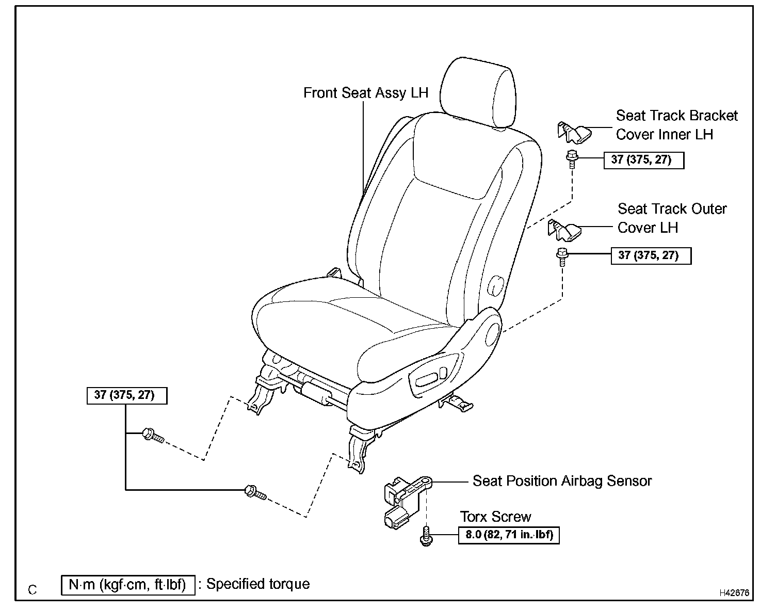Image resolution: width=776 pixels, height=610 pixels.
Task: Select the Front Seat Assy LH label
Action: (365, 93)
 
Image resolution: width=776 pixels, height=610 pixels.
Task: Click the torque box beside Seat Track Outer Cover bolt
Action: (651, 255)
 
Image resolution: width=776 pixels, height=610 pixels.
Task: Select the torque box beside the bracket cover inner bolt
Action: (643, 160)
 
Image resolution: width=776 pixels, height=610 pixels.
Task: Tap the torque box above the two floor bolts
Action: (127, 395)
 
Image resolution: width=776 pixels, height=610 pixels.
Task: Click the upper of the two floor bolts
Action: (152, 436)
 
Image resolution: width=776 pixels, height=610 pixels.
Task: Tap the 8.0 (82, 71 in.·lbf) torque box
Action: (509, 535)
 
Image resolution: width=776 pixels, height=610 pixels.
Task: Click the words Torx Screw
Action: (495, 517)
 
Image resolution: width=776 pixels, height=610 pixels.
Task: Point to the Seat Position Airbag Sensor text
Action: (562, 481)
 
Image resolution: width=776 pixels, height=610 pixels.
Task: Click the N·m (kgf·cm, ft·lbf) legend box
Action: (128, 585)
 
